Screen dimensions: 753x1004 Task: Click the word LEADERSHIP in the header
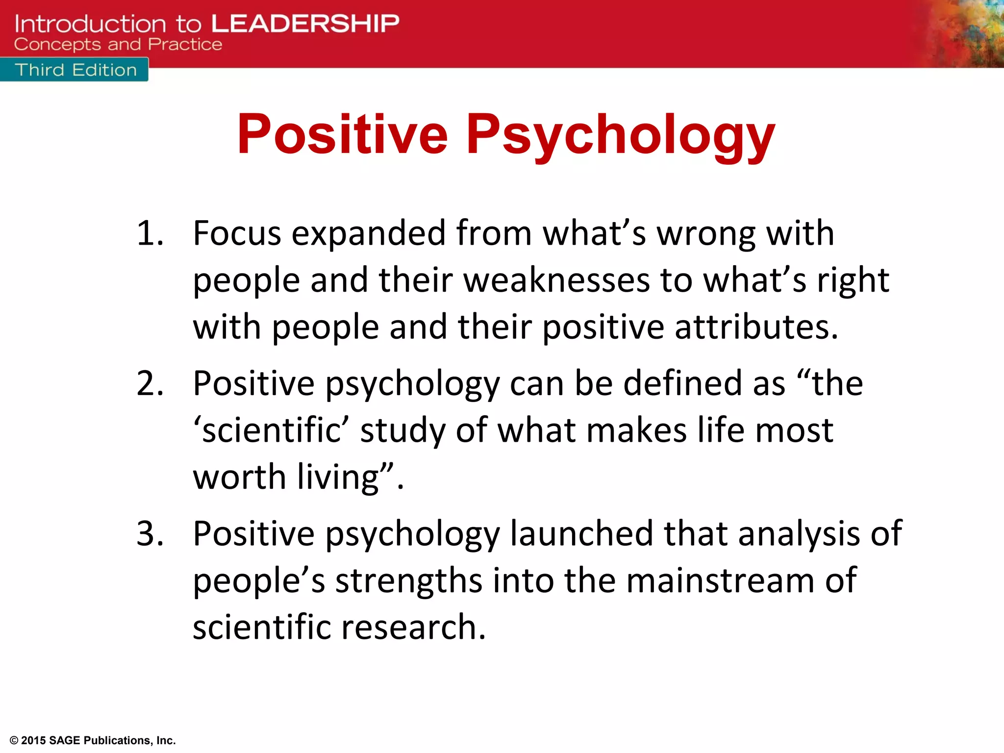[x=305, y=24]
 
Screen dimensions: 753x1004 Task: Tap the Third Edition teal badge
[x=75, y=70]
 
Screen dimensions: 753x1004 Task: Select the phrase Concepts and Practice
[x=118, y=45]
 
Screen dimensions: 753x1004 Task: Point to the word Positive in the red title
[x=342, y=134]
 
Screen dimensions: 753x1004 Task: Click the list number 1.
[x=150, y=233]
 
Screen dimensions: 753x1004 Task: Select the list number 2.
[x=150, y=383]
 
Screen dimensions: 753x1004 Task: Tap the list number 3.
[x=150, y=533]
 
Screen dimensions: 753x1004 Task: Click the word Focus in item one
[x=237, y=233]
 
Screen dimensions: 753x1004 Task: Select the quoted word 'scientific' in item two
[x=271, y=430]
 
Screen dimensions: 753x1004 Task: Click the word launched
[x=581, y=533]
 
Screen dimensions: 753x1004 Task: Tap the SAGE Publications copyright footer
[x=93, y=740]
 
